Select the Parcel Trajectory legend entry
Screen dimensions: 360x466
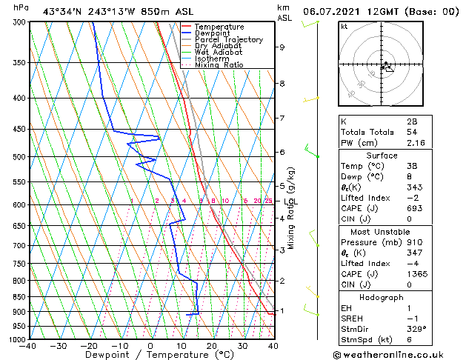228,40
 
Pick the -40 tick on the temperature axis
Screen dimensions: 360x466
28,346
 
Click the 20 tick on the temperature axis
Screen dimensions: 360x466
211,346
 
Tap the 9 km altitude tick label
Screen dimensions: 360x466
282,47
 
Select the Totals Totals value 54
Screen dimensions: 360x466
412,131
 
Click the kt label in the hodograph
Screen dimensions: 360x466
344,27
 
